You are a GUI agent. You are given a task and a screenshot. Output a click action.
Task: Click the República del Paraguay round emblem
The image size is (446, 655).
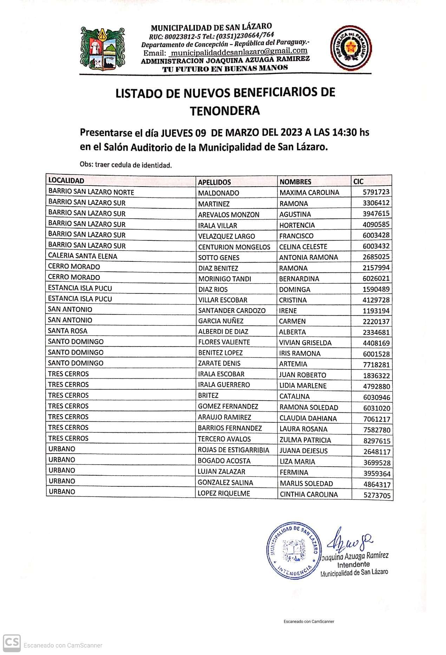click(350, 48)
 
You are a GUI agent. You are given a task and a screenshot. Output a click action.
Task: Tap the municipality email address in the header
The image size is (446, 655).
click(238, 52)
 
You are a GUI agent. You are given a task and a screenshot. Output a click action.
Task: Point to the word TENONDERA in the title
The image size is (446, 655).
click(225, 111)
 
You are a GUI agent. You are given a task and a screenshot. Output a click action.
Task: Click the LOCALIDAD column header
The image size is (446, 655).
click(66, 181)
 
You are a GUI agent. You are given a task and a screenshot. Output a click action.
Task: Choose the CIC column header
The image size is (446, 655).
click(359, 181)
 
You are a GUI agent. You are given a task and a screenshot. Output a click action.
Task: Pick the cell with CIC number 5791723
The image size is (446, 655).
click(376, 192)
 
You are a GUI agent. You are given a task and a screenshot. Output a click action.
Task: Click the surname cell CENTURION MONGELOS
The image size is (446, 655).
click(234, 247)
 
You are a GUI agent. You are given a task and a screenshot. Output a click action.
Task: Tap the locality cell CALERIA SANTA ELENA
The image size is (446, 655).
click(83, 256)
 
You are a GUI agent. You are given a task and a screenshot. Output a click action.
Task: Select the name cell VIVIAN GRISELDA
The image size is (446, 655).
click(305, 343)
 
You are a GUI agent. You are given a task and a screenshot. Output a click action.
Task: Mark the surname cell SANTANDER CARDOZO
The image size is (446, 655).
click(231, 310)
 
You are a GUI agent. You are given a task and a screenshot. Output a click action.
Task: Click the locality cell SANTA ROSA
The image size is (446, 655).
click(67, 331)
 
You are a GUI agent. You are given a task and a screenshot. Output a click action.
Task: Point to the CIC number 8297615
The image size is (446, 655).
click(376, 441)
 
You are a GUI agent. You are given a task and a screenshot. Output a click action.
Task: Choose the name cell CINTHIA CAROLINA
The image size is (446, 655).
click(309, 494)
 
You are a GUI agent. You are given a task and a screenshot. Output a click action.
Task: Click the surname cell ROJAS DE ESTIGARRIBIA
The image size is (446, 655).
click(233, 450)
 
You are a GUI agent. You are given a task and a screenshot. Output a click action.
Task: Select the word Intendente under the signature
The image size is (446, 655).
click(353, 564)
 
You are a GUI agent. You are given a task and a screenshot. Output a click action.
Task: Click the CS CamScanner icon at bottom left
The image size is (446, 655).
click(12, 643)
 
